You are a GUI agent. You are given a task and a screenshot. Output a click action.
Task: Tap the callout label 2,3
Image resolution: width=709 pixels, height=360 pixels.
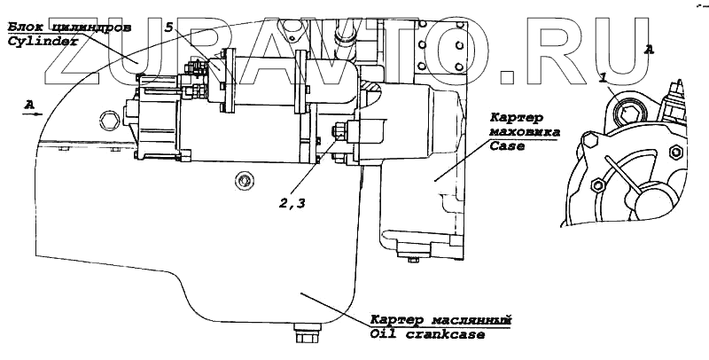click(x=292, y=204)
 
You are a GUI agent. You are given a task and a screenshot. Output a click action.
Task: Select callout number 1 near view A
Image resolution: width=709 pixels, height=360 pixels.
click(x=604, y=78)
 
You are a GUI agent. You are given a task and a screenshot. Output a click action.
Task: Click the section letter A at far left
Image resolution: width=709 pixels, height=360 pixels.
click(x=29, y=105)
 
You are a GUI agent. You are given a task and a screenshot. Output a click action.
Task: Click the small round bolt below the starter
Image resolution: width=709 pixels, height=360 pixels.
click(x=241, y=182)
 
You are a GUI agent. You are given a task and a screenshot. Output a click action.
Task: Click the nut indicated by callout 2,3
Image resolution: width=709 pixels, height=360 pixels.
click(x=338, y=134)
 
